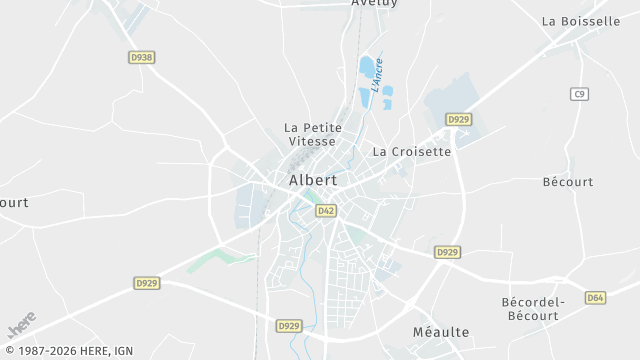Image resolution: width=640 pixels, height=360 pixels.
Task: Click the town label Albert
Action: click(x=312, y=181)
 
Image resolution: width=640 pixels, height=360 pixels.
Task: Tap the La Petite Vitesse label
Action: click(x=313, y=135)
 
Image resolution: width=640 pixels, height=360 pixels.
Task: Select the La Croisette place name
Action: click(x=411, y=152)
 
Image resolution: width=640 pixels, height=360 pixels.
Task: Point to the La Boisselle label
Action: click(x=580, y=21)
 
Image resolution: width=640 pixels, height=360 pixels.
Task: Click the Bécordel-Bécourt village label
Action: click(x=533, y=308)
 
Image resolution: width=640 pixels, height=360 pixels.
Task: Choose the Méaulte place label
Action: click(x=440, y=332)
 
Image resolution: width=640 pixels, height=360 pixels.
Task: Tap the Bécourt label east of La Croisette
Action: click(x=567, y=182)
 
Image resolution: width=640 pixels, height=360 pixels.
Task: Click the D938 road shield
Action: click(x=142, y=58)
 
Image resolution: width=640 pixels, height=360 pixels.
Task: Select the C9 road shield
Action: click(x=579, y=94)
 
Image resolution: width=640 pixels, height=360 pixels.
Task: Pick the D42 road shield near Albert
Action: click(x=325, y=211)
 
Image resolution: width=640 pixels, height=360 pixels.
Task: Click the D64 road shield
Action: click(x=595, y=298)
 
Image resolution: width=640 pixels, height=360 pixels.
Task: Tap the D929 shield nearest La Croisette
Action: click(x=458, y=120)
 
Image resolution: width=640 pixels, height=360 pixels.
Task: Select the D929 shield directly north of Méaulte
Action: click(x=447, y=252)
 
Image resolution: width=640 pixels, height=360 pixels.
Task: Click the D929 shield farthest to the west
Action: click(x=147, y=284)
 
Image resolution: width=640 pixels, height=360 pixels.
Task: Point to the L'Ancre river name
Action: click(x=379, y=77)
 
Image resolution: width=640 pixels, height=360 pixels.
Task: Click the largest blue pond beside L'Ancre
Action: click(x=367, y=68)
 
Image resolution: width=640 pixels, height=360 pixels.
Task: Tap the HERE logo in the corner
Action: click(x=21, y=325)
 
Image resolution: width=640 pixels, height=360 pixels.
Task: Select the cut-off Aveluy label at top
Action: click(x=374, y=4)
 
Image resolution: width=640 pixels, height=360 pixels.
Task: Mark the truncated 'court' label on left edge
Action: click(x=13, y=202)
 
